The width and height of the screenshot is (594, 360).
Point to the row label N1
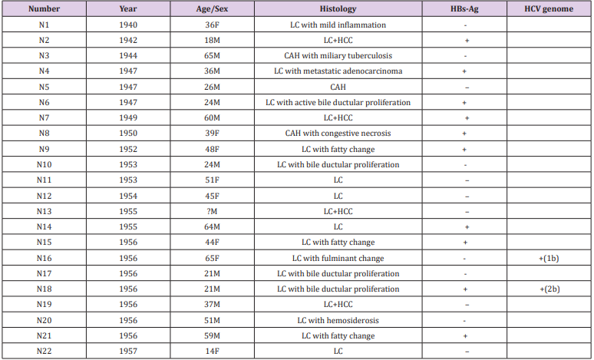pos(44,25)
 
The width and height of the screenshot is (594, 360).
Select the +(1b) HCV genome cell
pos(548,258)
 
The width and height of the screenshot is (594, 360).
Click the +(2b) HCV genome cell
pos(548,289)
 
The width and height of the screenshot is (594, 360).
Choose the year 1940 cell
pos(128,25)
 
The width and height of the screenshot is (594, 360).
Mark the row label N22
pos(44,351)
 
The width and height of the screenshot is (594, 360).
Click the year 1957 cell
pos(128,351)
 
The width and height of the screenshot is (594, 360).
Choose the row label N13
pos(44,211)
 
